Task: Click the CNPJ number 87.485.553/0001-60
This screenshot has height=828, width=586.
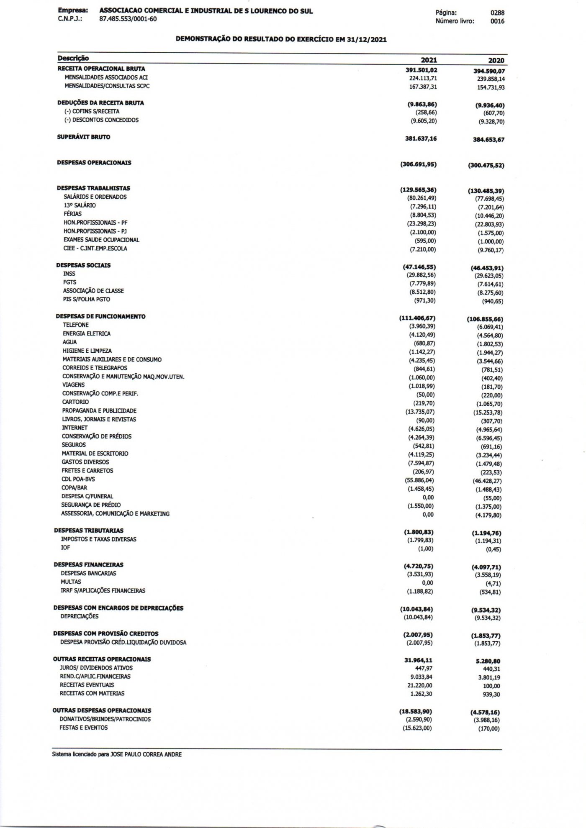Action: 128,19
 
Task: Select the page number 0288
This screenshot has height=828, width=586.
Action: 497,13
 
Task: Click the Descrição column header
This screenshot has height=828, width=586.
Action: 73,58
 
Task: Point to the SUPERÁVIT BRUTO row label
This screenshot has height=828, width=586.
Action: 84,137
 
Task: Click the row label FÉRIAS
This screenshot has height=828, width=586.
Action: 72,214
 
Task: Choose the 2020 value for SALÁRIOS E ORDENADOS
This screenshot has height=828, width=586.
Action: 488,199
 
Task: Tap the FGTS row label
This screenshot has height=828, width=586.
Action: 69,282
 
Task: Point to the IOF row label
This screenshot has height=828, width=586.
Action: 65,548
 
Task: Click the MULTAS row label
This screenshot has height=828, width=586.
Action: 71,582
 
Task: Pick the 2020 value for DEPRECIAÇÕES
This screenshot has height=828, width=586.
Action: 487,618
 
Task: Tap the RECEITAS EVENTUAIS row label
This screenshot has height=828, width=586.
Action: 87,685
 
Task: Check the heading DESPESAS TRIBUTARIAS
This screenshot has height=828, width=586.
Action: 89,531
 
